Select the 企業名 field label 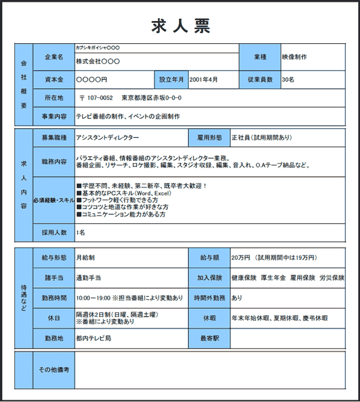coord(53,57)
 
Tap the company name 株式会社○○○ coord(98,61)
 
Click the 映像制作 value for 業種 coord(295,57)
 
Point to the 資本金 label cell coord(53,80)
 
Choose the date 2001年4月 coord(204,80)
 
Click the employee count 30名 coord(288,80)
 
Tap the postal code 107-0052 coord(101,98)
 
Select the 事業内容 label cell coord(53,116)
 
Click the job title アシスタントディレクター coord(107,138)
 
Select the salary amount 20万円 coord(241,258)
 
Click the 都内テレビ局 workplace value coord(93,338)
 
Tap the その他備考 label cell coord(53,370)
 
